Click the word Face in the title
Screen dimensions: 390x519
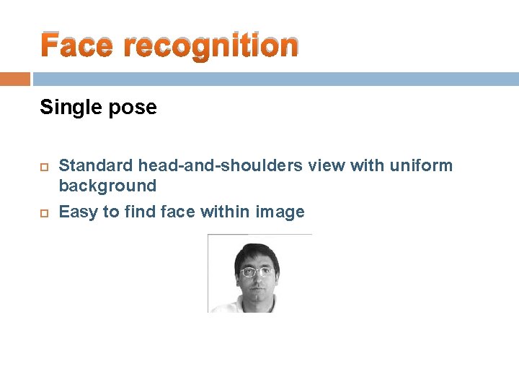point(76,45)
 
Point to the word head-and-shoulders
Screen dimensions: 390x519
point(221,166)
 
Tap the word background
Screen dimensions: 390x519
point(107,186)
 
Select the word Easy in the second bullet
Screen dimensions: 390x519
point(78,212)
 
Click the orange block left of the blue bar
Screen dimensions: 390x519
point(14,79)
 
